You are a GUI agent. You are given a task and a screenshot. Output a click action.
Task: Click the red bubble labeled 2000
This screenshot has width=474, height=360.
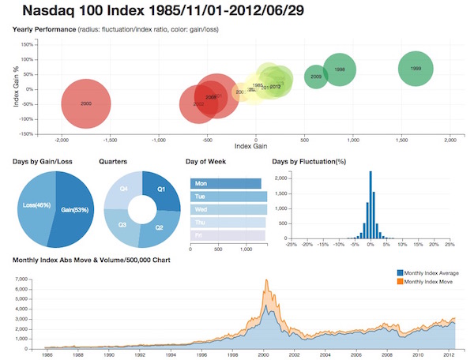click(x=87, y=103)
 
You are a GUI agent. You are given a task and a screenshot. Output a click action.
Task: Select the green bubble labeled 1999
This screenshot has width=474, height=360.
click(x=422, y=69)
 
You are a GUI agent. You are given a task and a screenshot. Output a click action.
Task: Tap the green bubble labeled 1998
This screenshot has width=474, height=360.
click(x=340, y=70)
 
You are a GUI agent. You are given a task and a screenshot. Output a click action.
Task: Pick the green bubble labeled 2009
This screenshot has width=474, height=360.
click(x=316, y=77)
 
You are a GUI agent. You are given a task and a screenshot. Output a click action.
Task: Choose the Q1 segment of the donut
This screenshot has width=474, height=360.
click(x=161, y=189)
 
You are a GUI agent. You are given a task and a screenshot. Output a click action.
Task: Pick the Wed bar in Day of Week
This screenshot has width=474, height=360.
click(x=230, y=209)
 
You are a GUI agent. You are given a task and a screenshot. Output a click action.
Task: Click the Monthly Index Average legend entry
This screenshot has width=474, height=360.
click(x=431, y=272)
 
